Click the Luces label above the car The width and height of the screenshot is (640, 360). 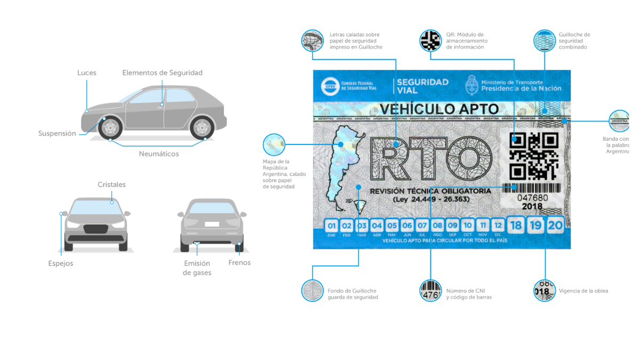86,73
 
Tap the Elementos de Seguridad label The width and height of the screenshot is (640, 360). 162,73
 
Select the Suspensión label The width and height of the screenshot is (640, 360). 57,133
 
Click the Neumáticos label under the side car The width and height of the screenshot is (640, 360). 159,154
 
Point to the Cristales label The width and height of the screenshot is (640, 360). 111,185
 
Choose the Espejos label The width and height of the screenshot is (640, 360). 60,263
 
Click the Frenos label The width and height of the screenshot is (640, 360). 239,262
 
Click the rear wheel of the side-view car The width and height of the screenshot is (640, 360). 202,127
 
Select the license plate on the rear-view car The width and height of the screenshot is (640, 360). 212,224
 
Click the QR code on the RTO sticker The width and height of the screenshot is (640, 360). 533,156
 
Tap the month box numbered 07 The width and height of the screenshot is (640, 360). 422,225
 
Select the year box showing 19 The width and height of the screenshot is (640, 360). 535,225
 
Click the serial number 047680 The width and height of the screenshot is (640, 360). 532,198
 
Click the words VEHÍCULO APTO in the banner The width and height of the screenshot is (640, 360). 439,109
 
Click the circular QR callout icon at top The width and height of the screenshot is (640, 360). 430,41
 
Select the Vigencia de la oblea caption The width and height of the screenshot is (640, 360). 583,291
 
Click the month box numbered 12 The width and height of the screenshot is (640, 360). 497,225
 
